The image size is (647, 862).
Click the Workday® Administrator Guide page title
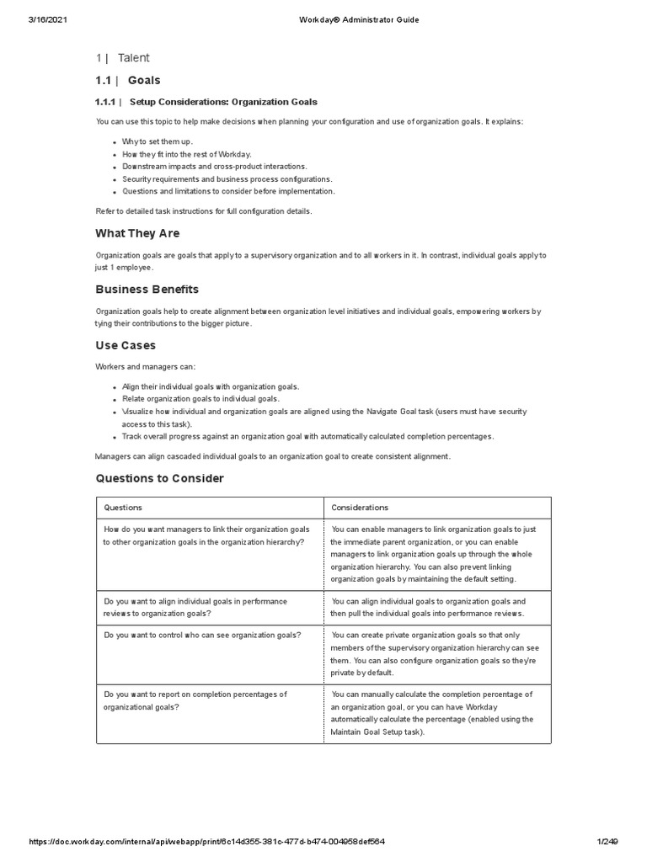(347, 19)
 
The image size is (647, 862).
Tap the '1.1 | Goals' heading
(127, 81)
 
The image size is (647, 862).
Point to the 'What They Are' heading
(137, 233)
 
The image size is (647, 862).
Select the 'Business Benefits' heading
(147, 290)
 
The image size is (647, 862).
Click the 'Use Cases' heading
(126, 346)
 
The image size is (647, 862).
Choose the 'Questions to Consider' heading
(160, 478)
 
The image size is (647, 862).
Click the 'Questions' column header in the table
(123, 508)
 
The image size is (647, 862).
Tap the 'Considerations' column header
(360, 508)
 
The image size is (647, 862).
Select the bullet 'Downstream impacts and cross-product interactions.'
(215, 167)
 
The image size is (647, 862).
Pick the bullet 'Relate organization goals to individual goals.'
(201, 398)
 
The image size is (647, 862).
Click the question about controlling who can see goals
(202, 635)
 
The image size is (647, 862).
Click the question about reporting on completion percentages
(195, 700)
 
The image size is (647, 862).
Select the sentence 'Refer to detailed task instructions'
(204, 210)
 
